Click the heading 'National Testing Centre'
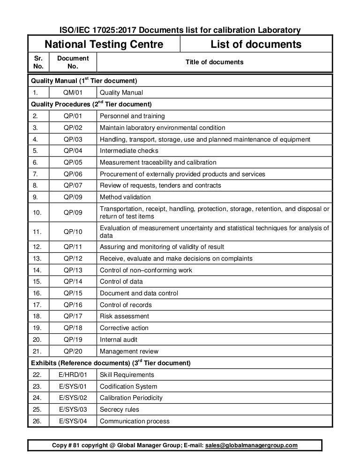tap(104, 45)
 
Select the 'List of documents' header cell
tap(256, 45)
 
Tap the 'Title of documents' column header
tap(214, 62)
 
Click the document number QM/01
tap(73, 92)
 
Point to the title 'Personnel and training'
tap(132, 116)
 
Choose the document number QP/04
tap(73, 151)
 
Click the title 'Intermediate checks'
tap(129, 151)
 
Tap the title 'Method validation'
tap(125, 197)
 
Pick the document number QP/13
tap(73, 270)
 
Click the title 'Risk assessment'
tap(124, 316)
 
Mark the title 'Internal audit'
tap(119, 339)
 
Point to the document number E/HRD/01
tap(73, 375)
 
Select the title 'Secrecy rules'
tap(120, 409)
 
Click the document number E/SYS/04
tap(73, 421)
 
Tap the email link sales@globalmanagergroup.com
tap(251, 445)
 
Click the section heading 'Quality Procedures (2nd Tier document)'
tap(91, 104)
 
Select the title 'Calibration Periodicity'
tap(131, 398)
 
